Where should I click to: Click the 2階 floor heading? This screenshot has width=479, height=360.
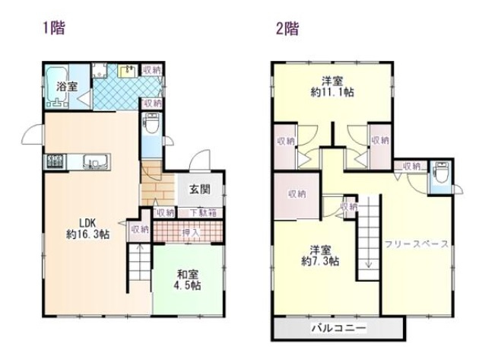[x=287, y=30]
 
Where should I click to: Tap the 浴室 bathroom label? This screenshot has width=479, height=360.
[x=67, y=86]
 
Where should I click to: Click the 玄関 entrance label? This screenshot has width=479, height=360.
[x=200, y=190]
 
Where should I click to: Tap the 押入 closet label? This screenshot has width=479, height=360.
[x=190, y=231]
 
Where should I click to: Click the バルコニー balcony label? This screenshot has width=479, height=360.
[x=338, y=328]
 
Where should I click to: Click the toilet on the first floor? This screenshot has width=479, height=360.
[x=151, y=123]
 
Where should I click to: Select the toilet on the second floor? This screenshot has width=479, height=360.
[x=439, y=174]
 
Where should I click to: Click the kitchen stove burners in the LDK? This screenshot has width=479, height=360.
[x=56, y=162]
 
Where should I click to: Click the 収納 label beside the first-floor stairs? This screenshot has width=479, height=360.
[x=138, y=229]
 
